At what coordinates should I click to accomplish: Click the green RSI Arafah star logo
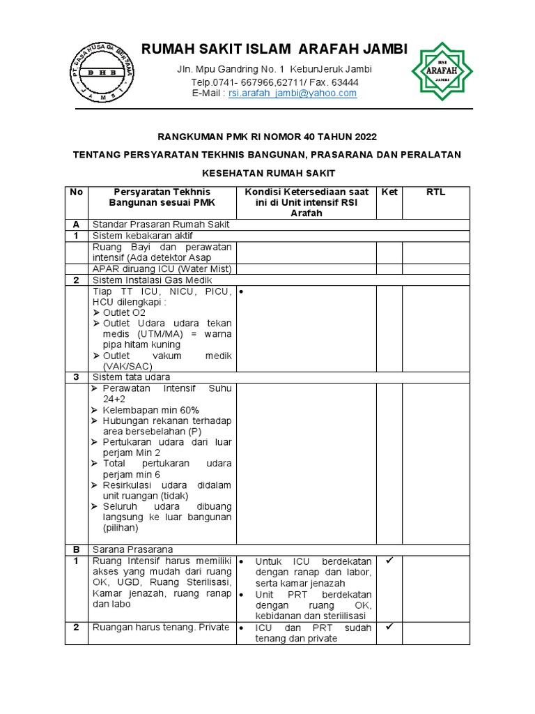pyautogui.click(x=442, y=71)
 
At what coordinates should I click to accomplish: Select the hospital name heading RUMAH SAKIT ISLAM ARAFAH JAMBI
pyautogui.click(x=274, y=49)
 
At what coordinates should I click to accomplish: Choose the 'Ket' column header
pyautogui.click(x=389, y=192)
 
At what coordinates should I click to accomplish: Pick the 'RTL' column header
pyautogui.click(x=435, y=192)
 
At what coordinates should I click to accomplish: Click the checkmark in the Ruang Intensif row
pyautogui.click(x=389, y=561)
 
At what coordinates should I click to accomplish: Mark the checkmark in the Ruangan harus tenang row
pyautogui.click(x=389, y=627)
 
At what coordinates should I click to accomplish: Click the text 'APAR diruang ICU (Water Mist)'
pyautogui.click(x=162, y=268)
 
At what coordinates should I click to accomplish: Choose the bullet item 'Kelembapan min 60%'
pyautogui.click(x=150, y=410)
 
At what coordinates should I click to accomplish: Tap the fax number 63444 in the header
pyautogui.click(x=345, y=82)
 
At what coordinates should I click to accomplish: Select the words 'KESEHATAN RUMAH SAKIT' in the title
pyautogui.click(x=268, y=172)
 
